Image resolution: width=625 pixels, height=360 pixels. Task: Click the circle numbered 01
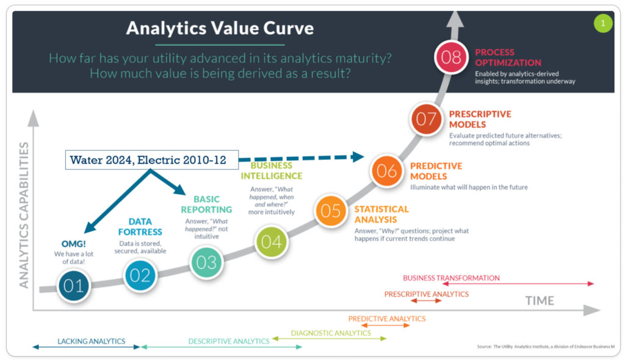tap(74, 286)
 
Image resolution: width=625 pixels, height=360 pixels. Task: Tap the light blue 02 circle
tap(140, 275)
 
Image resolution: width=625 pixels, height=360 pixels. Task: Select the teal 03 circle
tap(206, 262)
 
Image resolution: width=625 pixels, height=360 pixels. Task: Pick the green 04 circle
tap(271, 242)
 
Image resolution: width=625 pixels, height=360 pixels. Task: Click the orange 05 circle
tap(330, 211)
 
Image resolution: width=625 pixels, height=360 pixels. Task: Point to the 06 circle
tap(386, 171)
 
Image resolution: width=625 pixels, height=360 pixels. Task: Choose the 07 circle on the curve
tap(426, 119)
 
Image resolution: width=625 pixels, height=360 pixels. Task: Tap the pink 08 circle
tap(451, 57)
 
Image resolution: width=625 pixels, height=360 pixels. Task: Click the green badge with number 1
tap(603, 23)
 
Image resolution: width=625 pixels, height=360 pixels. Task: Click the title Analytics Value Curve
tap(220, 28)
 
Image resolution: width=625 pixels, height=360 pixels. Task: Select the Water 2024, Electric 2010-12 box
tap(152, 160)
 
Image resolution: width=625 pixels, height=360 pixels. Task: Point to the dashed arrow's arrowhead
tap(358, 157)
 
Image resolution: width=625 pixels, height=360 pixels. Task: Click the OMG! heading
tap(74, 243)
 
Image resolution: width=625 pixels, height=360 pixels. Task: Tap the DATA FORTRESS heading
tap(140, 226)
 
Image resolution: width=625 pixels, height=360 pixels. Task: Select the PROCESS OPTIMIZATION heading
tap(508, 57)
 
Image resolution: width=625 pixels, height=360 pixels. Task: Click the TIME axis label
tap(540, 301)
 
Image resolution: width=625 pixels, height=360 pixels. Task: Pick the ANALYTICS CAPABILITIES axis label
tap(24, 215)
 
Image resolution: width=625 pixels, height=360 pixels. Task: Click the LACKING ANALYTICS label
tap(92, 341)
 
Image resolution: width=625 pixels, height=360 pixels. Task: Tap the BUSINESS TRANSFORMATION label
tap(451, 278)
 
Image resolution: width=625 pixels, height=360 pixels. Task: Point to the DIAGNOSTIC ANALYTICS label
tap(331, 333)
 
